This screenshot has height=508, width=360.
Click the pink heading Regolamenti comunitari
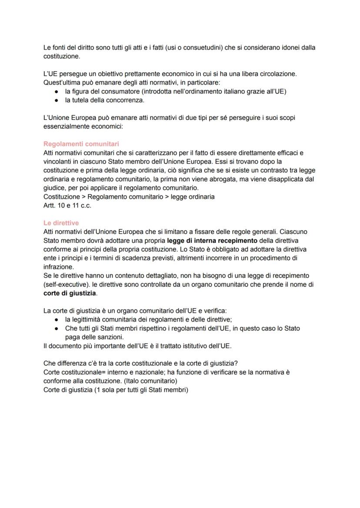tap(81, 144)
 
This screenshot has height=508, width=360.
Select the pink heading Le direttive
tap(61, 223)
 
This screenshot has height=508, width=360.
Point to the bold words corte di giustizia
tap(70, 293)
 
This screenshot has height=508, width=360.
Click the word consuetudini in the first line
tap(197, 47)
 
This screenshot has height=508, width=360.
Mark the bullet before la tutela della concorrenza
tap(57, 100)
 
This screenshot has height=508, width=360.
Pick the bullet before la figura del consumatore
tap(57, 92)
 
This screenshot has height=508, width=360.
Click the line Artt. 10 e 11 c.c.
tap(67, 206)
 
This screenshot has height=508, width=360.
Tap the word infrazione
tap(59, 267)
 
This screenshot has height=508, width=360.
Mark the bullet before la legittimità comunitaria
tap(57, 319)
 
